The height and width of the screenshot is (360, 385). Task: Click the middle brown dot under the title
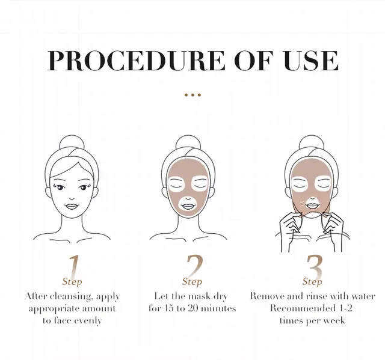192,94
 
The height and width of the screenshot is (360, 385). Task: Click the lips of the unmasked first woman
72,206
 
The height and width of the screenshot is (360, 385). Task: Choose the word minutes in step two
215,308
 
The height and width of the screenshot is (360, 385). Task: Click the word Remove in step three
267,296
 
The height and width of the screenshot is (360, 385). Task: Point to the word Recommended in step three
300,308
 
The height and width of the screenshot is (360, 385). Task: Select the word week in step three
333,320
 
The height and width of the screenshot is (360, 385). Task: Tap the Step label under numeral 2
192,281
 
